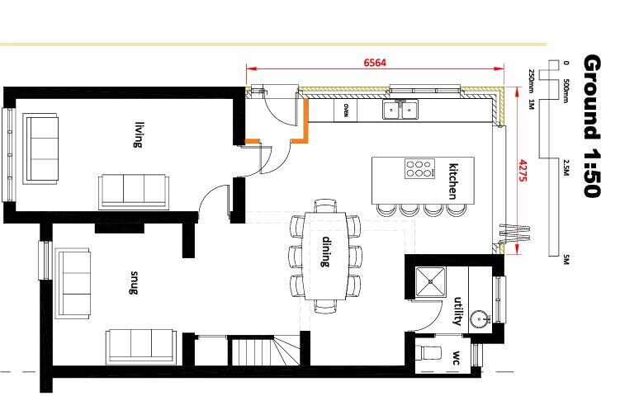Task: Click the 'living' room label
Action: tap(138, 134)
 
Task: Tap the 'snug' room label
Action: tap(134, 282)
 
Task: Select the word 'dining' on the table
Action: tap(326, 252)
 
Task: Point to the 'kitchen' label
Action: tap(453, 181)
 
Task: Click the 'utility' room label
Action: tap(458, 311)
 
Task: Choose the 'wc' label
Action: tap(457, 357)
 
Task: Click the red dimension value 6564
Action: tap(375, 63)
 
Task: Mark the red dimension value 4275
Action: tap(523, 171)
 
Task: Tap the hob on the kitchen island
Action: tap(419, 168)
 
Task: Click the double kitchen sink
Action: tap(400, 110)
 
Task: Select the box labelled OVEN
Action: tap(345, 111)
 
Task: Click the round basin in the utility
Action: tap(480, 318)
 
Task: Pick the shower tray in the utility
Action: tap(431, 281)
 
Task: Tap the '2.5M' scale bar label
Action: tap(566, 167)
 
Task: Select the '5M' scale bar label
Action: tap(566, 260)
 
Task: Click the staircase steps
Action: tap(265, 351)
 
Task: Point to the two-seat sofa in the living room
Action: tap(40, 148)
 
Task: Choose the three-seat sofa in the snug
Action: tap(141, 346)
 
